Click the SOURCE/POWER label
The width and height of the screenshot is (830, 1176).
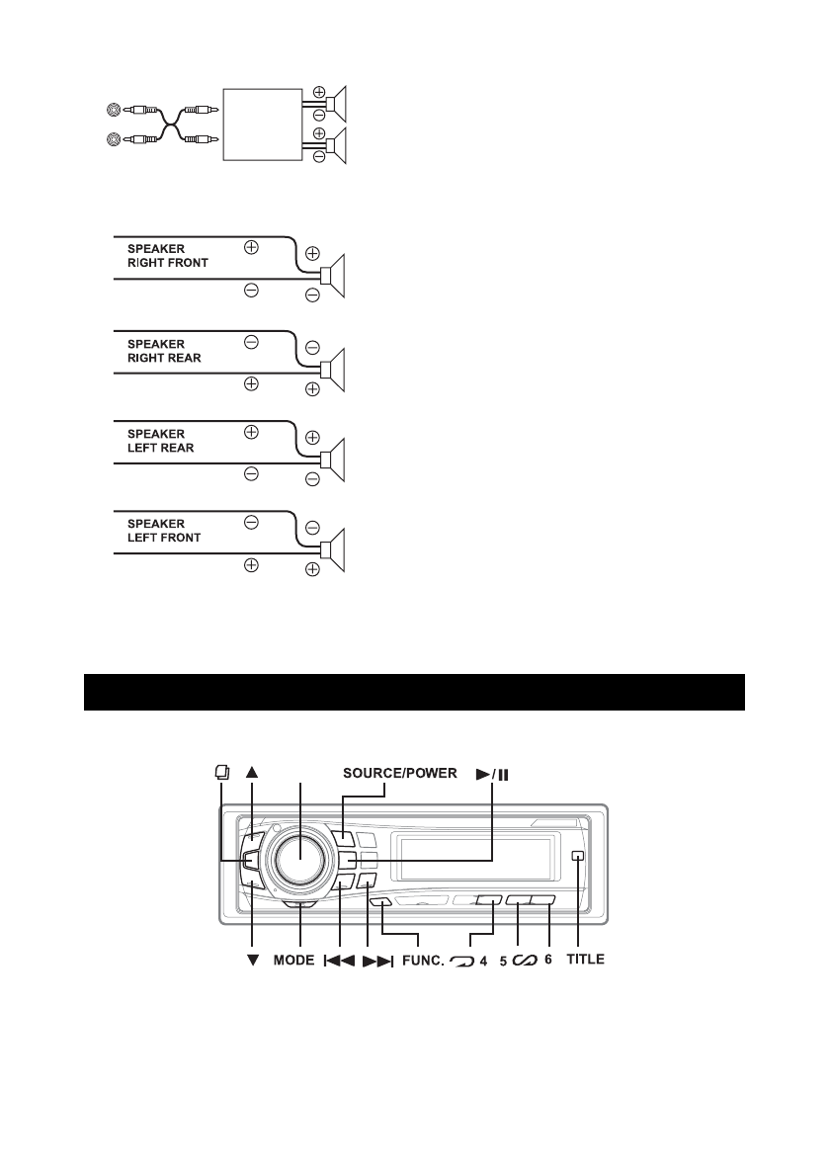point(399,773)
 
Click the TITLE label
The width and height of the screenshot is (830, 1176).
point(585,960)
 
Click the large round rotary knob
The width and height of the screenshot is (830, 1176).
point(299,856)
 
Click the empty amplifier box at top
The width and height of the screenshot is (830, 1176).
point(263,124)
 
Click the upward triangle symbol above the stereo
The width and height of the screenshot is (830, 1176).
point(252,775)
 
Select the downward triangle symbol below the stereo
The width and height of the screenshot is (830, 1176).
point(252,960)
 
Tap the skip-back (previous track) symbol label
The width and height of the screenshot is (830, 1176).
point(339,960)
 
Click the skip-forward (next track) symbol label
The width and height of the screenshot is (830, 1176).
point(378,960)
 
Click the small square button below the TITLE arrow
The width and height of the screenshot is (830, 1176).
point(577,857)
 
